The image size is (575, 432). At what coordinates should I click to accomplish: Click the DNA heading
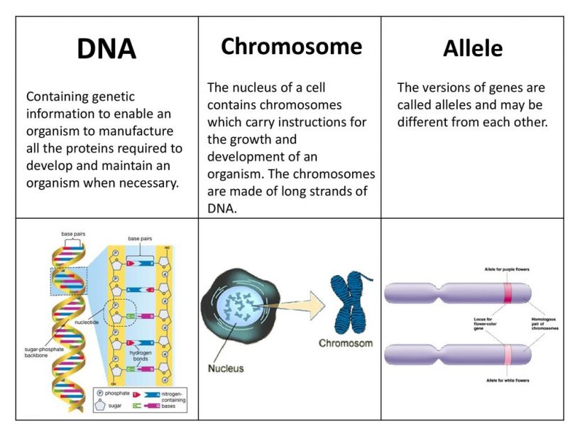point(106,49)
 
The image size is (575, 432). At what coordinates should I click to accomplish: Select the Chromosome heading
point(291,46)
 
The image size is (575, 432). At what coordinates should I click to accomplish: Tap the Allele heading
point(473,48)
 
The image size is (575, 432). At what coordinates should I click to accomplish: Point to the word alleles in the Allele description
point(454,104)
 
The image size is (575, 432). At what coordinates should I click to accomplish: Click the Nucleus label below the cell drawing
point(226,368)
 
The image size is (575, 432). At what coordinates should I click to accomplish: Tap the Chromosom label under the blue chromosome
point(346,342)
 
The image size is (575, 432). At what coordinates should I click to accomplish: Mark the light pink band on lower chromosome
point(508,353)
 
